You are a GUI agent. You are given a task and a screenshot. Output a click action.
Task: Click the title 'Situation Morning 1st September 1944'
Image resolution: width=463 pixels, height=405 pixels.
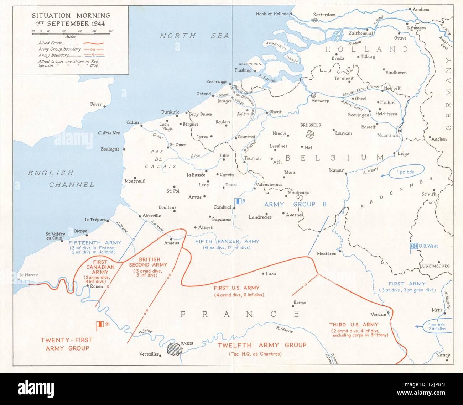pos(71,20)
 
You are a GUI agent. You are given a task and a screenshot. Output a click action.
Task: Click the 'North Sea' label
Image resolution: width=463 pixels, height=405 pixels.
pos(194,36)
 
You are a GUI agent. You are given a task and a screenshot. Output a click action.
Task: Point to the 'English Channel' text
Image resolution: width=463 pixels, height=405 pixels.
pos(61,179)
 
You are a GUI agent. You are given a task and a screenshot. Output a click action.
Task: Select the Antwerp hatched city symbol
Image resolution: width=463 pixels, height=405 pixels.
pos(314,95)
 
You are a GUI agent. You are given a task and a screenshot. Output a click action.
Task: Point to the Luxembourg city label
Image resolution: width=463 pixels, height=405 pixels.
pos(435,266)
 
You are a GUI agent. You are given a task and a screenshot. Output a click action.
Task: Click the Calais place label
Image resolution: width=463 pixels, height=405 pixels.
pos(132,122)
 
